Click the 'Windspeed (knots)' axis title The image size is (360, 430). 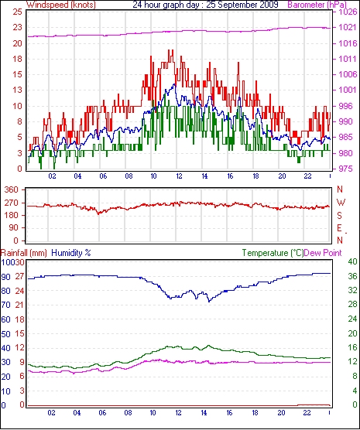tap(61, 5)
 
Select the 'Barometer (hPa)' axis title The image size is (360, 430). tap(317, 5)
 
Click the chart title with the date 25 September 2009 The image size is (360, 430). tap(205, 5)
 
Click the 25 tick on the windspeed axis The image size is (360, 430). tap(17, 12)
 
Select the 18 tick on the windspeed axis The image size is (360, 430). tap(17, 59)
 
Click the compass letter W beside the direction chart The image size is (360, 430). tap(341, 203)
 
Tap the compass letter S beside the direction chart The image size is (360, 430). tap(340, 216)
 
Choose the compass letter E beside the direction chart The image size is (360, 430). tap(340, 228)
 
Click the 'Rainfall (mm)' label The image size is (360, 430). tap(24, 253)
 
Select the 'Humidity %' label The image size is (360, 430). tap(71, 253)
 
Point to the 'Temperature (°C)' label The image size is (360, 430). tap(273, 253)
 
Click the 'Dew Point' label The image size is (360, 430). tap(323, 253)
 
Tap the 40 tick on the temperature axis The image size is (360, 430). tap(352, 261)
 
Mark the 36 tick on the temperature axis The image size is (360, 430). tap(352, 276)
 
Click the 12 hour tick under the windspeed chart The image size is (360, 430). tap(179, 176)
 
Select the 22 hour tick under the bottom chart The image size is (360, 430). tap(307, 413)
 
